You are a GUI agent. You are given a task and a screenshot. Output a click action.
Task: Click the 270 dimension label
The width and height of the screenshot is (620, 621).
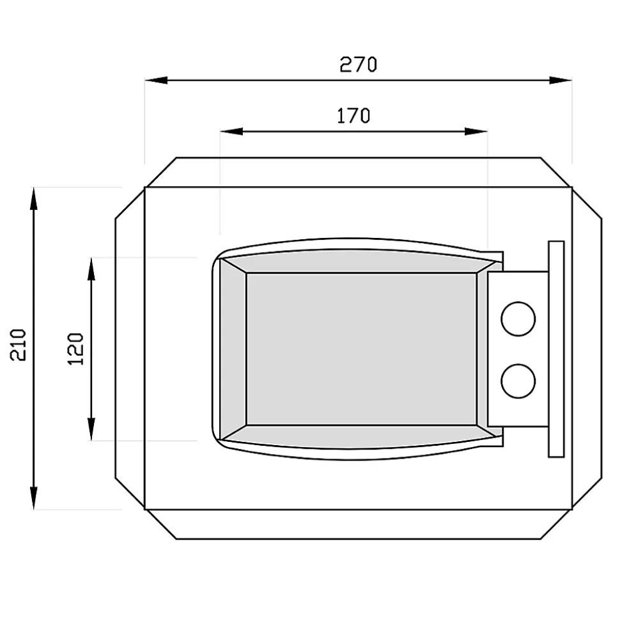[359, 65]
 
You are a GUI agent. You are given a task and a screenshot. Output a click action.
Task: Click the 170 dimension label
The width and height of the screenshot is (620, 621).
[353, 116]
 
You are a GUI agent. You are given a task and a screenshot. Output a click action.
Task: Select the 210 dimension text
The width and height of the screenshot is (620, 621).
[18, 345]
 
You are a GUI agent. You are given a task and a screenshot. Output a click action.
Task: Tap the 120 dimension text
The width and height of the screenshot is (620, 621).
[75, 349]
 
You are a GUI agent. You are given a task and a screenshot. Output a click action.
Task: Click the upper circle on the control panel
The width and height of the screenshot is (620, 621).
[518, 319]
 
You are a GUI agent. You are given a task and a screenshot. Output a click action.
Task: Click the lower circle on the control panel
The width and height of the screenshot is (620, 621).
[518, 381]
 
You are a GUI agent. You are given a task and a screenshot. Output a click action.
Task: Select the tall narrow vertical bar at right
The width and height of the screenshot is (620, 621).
[556, 349]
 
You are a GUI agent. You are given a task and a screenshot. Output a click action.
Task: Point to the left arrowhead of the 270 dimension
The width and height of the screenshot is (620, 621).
[156, 81]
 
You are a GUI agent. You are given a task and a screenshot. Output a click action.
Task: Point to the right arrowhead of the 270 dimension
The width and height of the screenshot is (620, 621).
[561, 81]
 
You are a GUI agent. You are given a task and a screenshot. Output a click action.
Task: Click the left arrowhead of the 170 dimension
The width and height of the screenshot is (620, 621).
[231, 131]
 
